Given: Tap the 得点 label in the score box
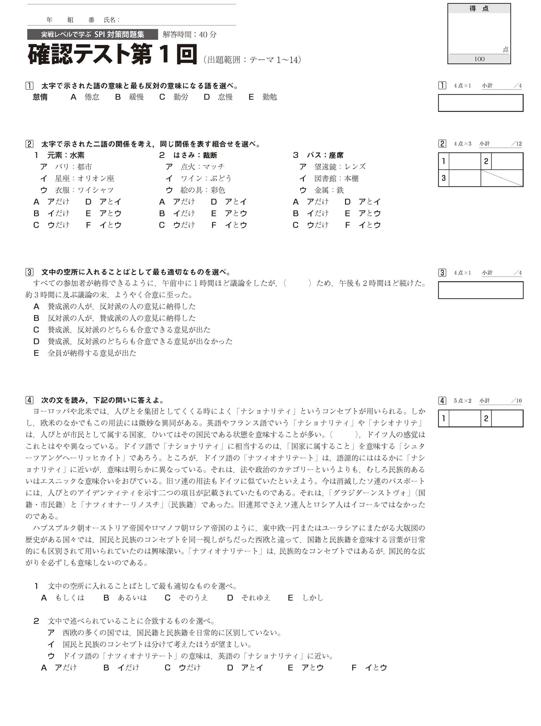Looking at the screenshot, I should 479,9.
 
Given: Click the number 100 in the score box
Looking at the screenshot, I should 479,59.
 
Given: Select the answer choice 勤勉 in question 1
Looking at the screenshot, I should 270,97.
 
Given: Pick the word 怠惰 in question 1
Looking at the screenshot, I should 40,97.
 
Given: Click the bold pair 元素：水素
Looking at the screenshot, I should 65,155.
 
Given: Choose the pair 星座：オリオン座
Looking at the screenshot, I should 84,178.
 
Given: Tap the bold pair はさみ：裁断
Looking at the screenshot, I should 195,155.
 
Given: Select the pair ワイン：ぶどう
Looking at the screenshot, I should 206,178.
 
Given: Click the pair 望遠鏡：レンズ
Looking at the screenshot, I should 340,167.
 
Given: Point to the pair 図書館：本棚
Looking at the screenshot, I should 336,178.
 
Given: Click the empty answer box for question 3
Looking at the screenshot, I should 480,290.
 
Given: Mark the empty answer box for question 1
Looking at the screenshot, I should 480,103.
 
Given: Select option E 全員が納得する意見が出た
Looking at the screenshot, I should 91,353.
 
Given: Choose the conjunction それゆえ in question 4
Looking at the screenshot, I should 256,597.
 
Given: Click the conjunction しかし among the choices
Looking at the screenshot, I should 313,597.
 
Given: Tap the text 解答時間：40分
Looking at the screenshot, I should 189,34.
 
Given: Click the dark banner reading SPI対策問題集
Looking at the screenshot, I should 93,34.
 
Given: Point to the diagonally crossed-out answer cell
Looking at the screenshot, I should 502,178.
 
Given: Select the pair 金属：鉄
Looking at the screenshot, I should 329,190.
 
